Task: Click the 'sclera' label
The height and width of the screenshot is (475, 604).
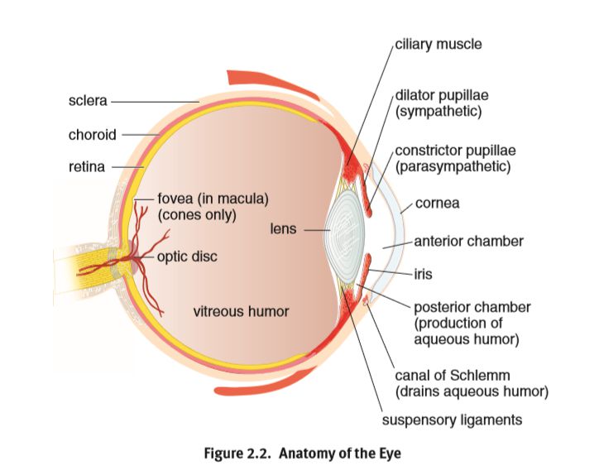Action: tap(87, 101)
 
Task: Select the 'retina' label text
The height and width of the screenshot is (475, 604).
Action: tap(87, 166)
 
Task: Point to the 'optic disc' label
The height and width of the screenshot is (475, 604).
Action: tap(187, 257)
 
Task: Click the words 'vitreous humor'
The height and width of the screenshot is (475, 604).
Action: tap(241, 312)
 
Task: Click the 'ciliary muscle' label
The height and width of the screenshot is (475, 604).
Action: tap(439, 43)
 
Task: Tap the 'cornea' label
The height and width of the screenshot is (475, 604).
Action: tap(438, 203)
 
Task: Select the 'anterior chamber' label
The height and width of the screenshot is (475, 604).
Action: tap(468, 242)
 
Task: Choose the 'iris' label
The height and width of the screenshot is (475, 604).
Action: tap(424, 271)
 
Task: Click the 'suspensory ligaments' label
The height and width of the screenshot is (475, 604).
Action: tap(452, 420)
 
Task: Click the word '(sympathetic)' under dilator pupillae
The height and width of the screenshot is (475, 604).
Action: tap(439, 110)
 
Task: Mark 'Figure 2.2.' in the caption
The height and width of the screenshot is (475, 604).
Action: tap(238, 453)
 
